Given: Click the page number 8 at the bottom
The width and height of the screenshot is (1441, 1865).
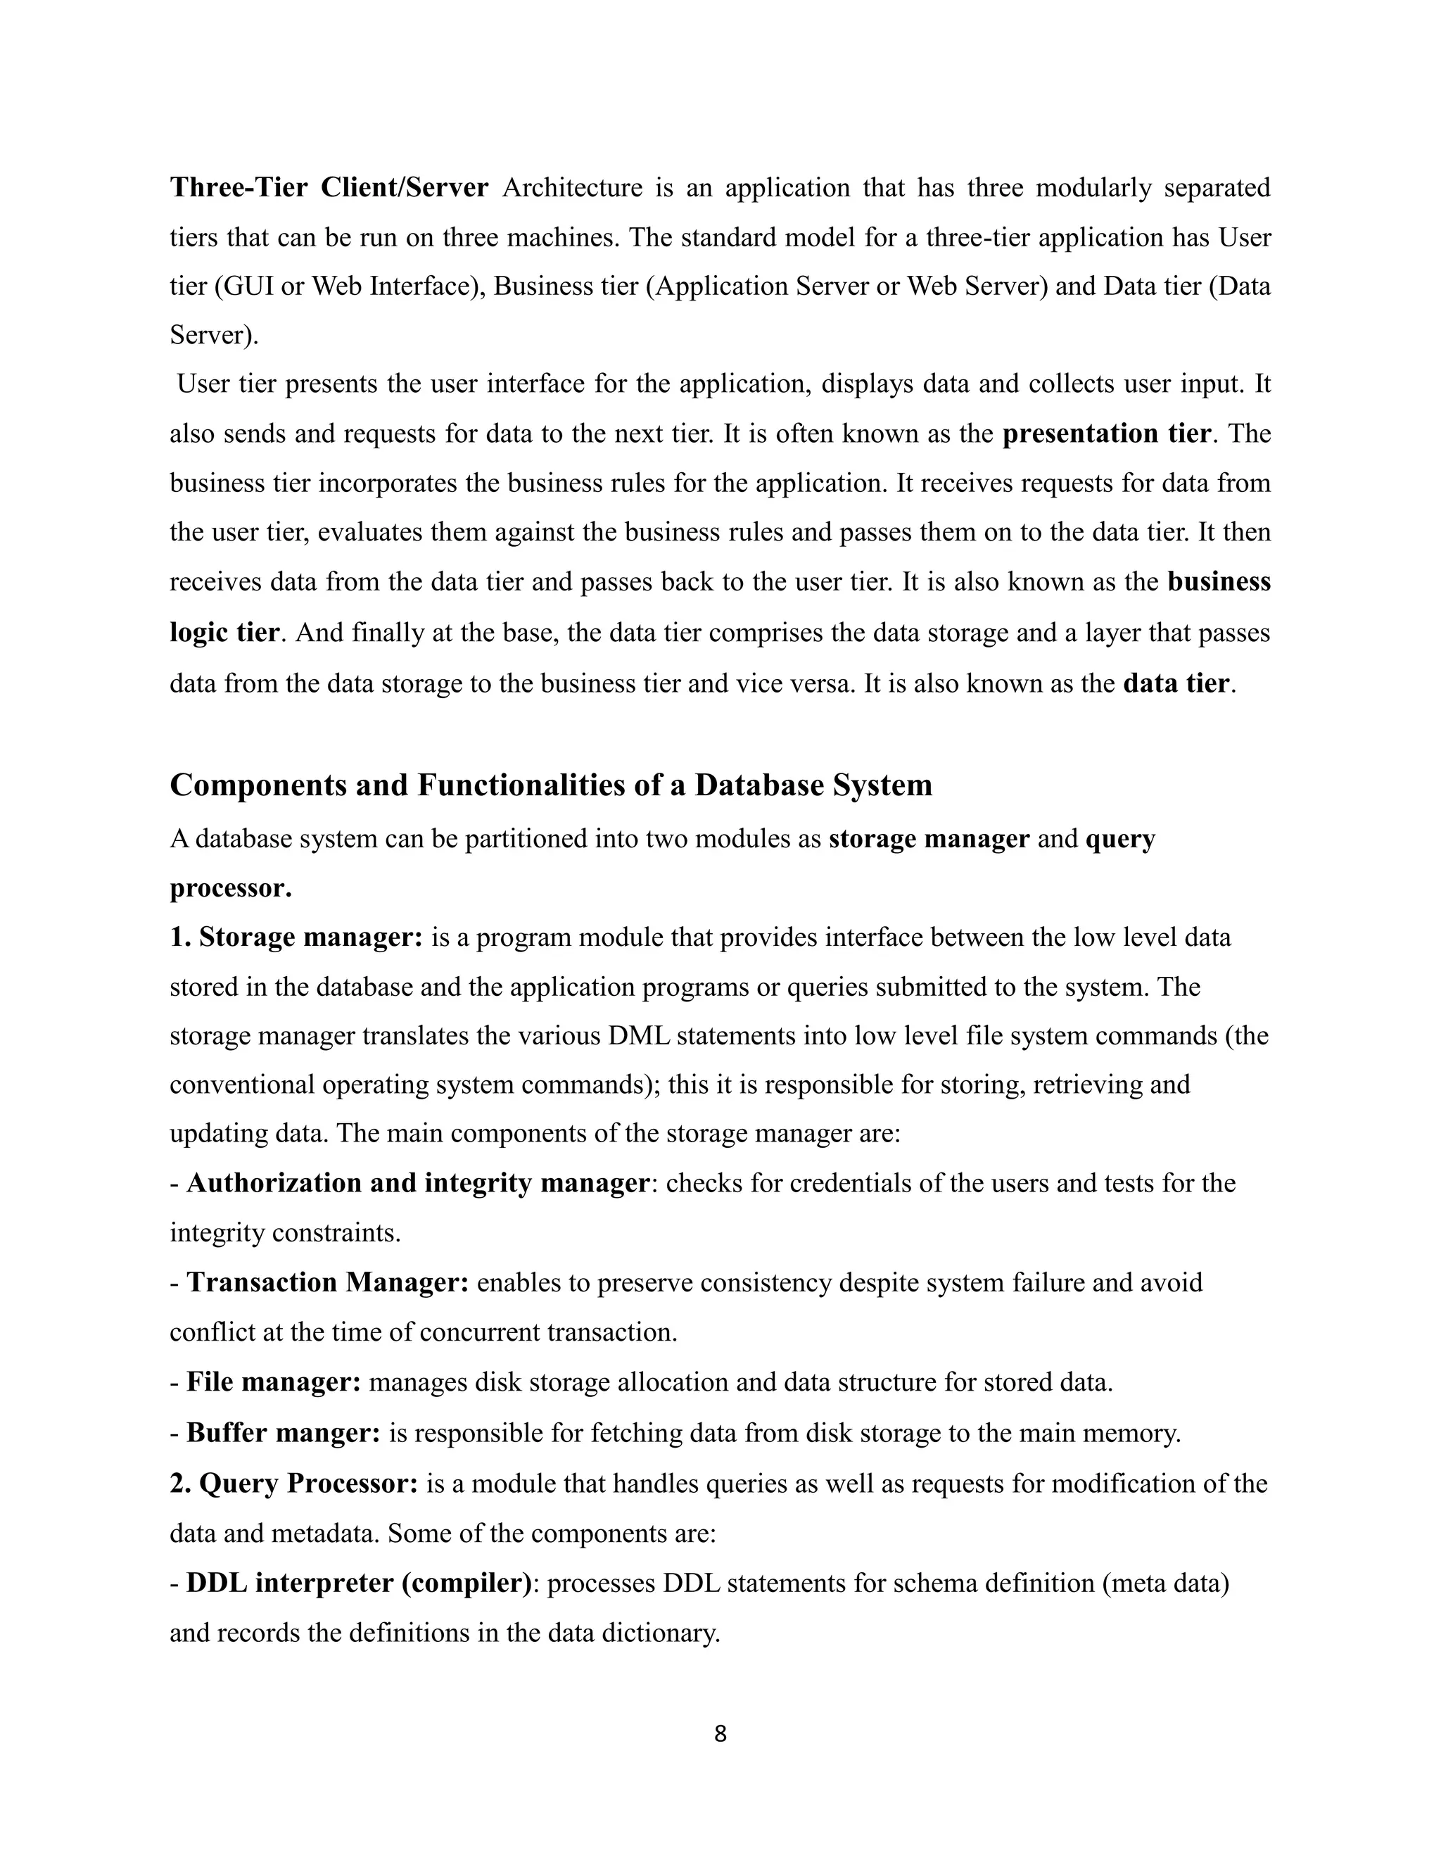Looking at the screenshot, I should (720, 1733).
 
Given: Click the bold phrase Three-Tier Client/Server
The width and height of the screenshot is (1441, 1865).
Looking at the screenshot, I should (329, 187).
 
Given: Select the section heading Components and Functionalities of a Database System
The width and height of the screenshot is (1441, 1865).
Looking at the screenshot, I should (551, 785).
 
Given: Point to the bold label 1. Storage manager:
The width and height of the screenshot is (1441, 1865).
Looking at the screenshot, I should (296, 937).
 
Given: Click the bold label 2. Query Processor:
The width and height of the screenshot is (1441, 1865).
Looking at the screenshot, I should (293, 1484).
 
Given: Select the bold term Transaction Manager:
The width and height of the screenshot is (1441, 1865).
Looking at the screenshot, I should (328, 1282).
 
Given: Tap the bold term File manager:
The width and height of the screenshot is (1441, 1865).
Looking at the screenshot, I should (273, 1382).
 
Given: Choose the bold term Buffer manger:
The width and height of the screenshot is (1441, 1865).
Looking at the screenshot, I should (284, 1433).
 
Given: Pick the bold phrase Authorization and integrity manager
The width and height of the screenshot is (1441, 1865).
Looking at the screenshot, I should (417, 1184).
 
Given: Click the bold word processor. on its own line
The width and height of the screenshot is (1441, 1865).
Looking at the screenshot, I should (231, 888).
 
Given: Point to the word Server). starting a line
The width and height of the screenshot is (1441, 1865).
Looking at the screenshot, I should (213, 335).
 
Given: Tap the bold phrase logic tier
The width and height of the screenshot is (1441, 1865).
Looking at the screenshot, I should (224, 633).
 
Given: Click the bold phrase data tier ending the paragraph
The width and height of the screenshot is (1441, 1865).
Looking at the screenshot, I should (1176, 683).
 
